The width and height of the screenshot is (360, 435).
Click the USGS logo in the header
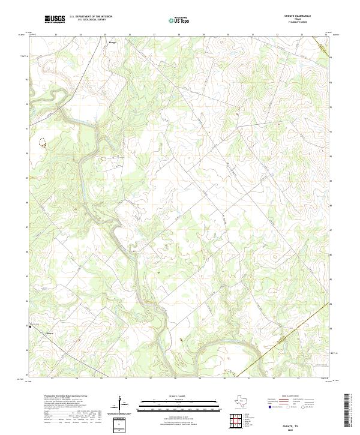pyautogui.click(x=55, y=19)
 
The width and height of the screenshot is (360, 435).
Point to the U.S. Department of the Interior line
pyautogui.click(x=91, y=17)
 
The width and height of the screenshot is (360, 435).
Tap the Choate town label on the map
pyautogui.click(x=50, y=334)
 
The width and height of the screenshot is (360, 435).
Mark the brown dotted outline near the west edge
pyautogui.click(x=44, y=143)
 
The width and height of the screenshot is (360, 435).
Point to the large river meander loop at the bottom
pyautogui.click(x=228, y=350)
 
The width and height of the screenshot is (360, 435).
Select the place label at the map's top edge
pyautogui.click(x=112, y=43)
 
